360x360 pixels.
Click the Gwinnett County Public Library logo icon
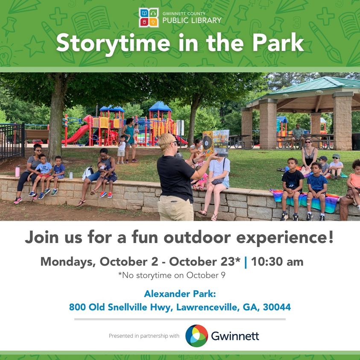149,18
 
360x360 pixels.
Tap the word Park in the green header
278,42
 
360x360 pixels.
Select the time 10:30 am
277,261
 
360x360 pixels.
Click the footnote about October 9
172,275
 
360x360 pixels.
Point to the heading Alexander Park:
180,294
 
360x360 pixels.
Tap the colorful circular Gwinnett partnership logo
196,336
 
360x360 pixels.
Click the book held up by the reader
216,143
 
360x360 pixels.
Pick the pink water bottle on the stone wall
18,171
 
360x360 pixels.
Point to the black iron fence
12,141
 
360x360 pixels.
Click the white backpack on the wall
88,173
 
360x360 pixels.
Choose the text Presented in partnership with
144,336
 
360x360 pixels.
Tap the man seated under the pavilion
298,135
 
